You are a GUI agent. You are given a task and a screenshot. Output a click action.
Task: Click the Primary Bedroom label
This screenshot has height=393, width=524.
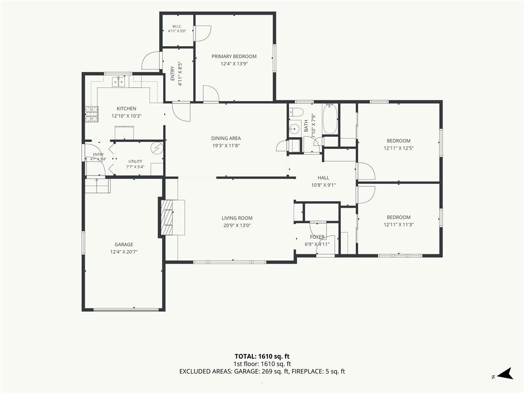click(x=234, y=56)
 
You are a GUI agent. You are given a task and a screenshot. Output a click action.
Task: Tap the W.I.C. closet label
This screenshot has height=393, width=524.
click(x=177, y=27)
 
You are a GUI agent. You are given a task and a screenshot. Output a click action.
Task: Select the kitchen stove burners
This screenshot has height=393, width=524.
click(x=92, y=114)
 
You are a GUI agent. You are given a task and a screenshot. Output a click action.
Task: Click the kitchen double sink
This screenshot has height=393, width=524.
click(x=119, y=81)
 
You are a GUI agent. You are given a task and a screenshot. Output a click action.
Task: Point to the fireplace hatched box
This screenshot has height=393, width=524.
click(x=167, y=217)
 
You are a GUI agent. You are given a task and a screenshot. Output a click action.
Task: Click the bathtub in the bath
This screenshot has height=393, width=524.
click(x=330, y=119)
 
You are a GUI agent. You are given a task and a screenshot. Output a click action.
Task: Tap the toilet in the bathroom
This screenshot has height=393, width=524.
click(x=296, y=111)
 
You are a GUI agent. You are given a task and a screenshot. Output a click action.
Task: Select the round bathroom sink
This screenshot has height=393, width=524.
click(x=294, y=128)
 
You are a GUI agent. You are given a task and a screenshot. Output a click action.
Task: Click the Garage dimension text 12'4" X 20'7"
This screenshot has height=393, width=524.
click(x=124, y=252)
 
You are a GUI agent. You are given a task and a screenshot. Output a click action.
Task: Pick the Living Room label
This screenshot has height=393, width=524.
click(x=237, y=218)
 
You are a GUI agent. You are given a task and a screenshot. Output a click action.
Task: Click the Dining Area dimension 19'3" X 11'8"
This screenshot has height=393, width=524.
click(x=226, y=145)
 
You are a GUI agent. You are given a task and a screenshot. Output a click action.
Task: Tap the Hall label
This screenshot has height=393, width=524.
click(x=323, y=178)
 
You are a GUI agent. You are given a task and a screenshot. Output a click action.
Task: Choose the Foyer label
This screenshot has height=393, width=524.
click(x=317, y=237)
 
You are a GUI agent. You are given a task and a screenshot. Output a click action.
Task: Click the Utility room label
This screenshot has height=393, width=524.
click(x=135, y=161)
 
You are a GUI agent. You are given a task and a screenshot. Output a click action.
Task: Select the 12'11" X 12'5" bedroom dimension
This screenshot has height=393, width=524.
click(x=398, y=148)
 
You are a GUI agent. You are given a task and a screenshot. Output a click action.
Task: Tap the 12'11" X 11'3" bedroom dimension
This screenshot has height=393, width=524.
click(x=398, y=225)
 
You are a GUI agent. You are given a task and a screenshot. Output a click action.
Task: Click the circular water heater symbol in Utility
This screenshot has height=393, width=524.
click(x=157, y=147)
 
